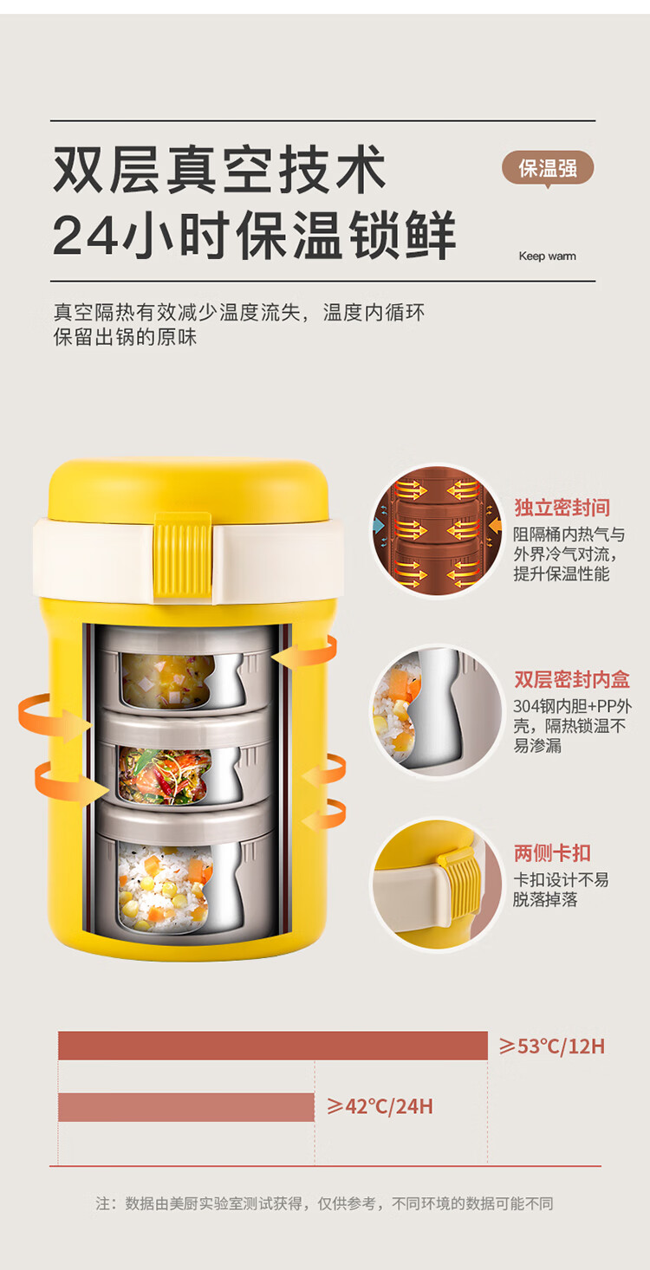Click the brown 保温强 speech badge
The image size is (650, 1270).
coord(548,168)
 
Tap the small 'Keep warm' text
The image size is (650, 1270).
coord(548,256)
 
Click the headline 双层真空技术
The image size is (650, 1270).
coord(220,169)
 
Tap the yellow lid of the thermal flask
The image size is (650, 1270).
coord(188,489)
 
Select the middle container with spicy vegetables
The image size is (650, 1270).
coord(183,761)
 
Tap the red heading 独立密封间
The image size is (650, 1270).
coord(562,508)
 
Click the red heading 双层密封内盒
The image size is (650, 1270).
coord(572,679)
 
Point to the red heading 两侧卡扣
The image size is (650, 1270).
coord(552,852)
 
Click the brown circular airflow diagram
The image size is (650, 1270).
coord(437,531)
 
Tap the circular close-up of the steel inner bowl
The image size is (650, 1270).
coord(437,711)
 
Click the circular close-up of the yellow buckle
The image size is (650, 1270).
coord(437,884)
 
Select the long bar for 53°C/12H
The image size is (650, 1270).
coord(273,1046)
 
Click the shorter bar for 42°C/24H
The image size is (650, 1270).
coord(186,1107)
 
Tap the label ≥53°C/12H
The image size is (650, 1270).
coord(552,1046)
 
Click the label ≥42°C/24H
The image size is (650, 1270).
coord(380,1106)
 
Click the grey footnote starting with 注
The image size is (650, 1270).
coord(324,1203)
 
